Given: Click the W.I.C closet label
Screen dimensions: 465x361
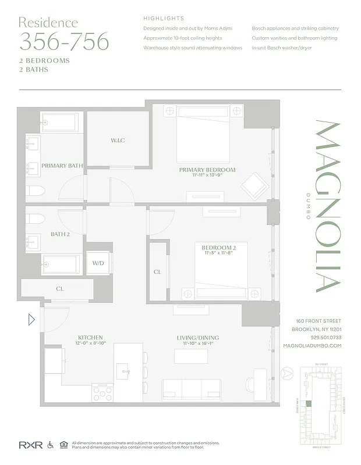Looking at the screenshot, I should coord(118,141).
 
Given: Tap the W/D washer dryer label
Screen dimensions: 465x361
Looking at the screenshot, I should coord(98,263).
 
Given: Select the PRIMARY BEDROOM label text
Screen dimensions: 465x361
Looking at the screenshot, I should coord(207,170).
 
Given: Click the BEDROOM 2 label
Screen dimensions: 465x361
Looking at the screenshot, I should coord(219,248).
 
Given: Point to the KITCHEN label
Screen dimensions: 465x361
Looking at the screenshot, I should coord(90,337).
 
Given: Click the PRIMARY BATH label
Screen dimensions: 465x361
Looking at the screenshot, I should coord(62,166).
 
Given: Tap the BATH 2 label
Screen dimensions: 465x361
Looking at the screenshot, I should coord(59,234).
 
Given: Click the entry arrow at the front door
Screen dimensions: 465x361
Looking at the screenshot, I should coord(31,319).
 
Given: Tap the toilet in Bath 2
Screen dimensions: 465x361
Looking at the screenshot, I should coord(36,219).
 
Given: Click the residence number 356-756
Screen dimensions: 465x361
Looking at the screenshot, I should coord(64,42).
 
